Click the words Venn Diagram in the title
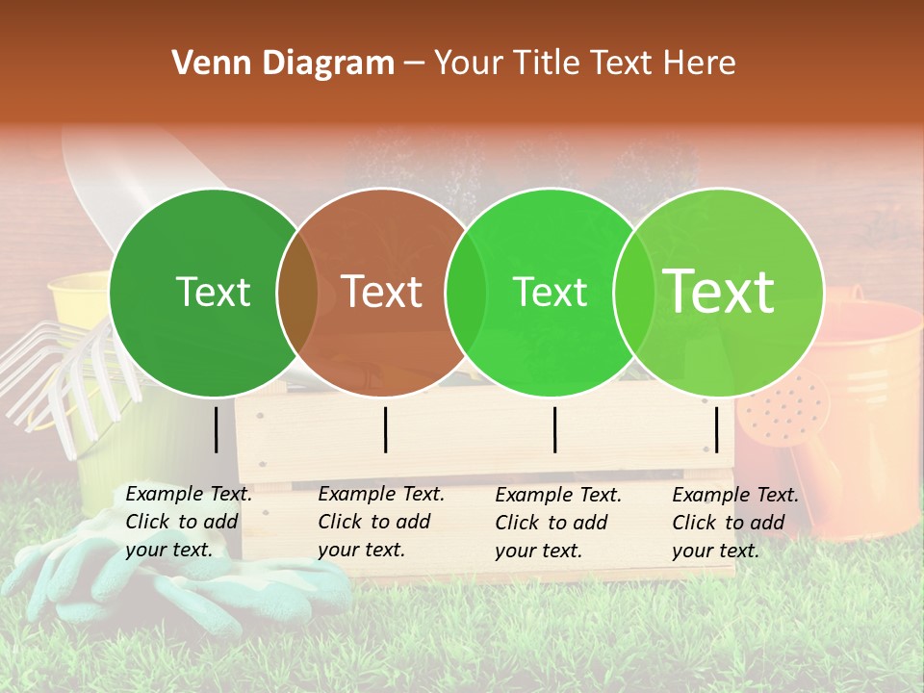click(x=283, y=64)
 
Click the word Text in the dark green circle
click(x=213, y=293)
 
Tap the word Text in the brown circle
click(x=381, y=292)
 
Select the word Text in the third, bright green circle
click(x=550, y=293)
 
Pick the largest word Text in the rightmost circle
click(x=719, y=291)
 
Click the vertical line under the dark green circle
click(x=217, y=429)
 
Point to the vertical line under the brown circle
click(x=385, y=429)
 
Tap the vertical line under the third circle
click(x=555, y=429)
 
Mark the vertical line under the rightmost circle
click(x=717, y=429)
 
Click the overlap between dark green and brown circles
click(x=297, y=292)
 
